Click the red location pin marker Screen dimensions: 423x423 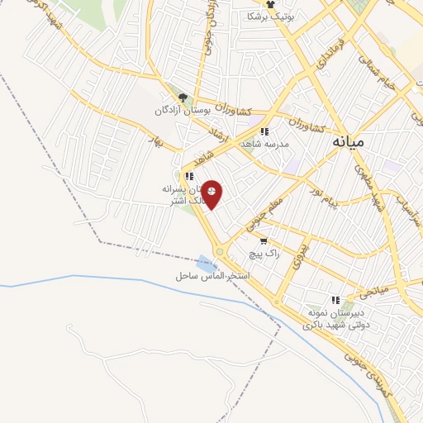tap(213, 194)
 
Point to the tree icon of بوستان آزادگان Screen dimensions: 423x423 tap(183, 97)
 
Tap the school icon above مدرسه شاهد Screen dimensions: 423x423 tap(264, 131)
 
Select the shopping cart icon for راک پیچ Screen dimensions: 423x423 tap(264, 241)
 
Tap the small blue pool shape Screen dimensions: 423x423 tap(207, 264)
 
